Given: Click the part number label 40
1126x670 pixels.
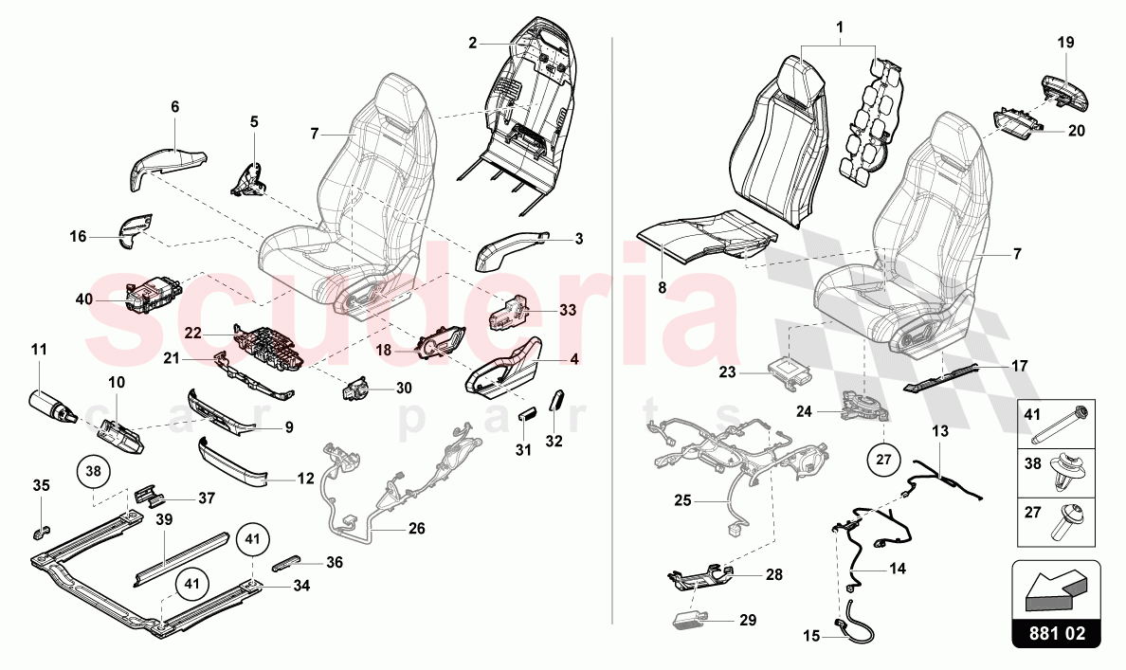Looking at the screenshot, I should tap(84, 299).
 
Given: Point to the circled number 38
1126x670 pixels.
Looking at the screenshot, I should tap(93, 470).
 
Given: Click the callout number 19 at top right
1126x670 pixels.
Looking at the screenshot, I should tap(1066, 42).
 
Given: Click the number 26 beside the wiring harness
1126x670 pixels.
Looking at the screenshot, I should tap(417, 528).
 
